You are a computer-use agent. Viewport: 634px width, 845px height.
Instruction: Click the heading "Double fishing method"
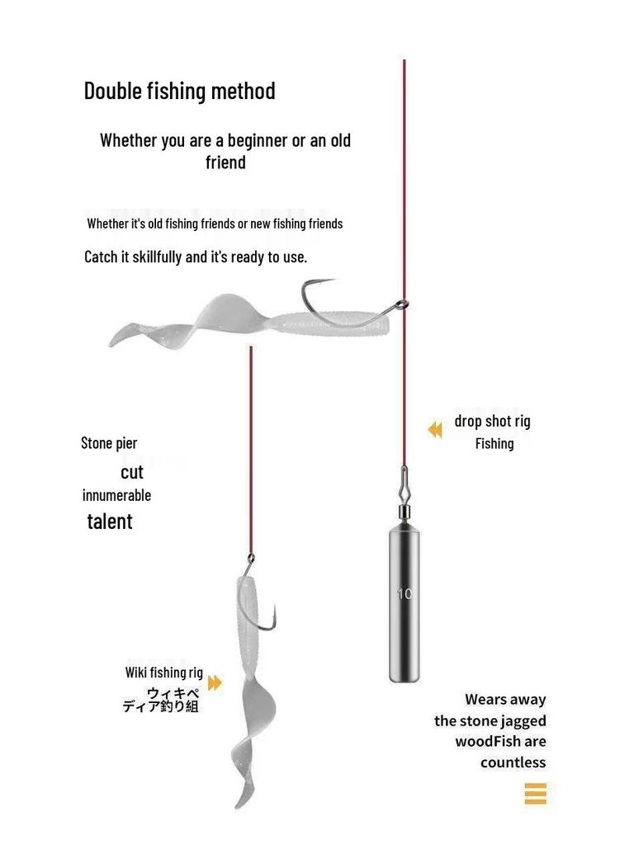179,91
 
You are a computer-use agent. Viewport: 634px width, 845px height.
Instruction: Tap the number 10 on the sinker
404,594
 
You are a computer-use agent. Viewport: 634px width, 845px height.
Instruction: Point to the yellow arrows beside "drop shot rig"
435,429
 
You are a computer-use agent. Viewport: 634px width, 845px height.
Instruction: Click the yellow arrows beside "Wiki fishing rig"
215,683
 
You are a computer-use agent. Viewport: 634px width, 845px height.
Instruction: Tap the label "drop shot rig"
492,422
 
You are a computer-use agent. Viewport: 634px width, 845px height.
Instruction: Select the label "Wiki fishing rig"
163,673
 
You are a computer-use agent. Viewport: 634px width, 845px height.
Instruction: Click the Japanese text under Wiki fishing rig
161,700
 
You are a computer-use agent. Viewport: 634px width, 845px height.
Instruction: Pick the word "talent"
110,522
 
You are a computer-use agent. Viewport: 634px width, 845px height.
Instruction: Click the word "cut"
132,472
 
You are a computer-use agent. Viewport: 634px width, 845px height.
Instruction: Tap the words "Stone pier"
109,443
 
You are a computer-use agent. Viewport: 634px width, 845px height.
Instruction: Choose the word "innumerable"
116,496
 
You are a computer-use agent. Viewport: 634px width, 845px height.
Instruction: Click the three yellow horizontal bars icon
535,794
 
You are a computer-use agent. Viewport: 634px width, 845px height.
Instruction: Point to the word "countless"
513,762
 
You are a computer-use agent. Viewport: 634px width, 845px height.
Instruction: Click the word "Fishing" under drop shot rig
494,444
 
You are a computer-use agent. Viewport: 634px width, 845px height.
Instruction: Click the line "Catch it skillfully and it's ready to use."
196,257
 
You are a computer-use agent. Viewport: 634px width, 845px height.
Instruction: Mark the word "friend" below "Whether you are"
225,163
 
